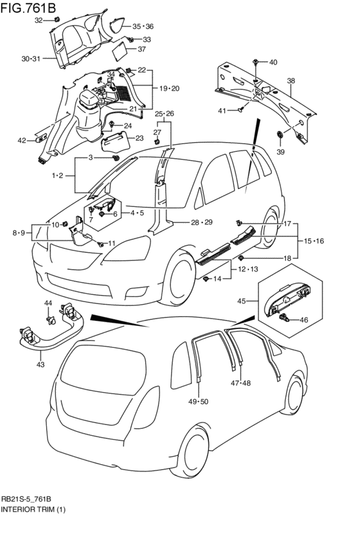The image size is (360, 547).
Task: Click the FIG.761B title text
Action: [28, 7]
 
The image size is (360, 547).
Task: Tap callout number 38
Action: [291, 81]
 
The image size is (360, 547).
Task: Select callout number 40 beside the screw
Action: [273, 62]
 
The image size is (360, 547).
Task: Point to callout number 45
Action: [242, 301]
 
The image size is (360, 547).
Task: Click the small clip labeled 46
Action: [284, 318]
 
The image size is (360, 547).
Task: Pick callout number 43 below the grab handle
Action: [40, 364]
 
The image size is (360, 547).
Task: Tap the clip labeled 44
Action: [51, 319]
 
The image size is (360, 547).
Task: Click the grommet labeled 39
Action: [280, 134]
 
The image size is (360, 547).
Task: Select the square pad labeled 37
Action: [119, 51]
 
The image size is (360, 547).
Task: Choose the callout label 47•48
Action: [240, 383]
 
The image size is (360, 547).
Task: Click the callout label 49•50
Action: [198, 402]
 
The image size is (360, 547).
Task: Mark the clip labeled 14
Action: [206, 278]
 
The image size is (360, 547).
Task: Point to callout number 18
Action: [287, 258]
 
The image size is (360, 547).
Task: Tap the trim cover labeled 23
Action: [115, 140]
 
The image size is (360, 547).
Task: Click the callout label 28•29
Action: [201, 222]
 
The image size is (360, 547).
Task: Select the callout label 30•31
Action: [32, 59]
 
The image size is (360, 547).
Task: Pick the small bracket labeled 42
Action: [42, 138]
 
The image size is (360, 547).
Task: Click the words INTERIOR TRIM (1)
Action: [33, 510]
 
